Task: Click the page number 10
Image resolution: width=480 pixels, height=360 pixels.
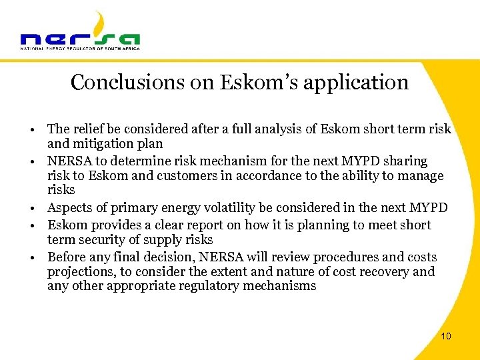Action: click(x=446, y=336)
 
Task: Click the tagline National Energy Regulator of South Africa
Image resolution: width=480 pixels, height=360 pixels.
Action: click(x=80, y=48)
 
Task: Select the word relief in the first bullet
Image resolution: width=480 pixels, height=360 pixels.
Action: click(x=87, y=129)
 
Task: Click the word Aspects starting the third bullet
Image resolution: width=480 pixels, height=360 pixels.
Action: click(x=69, y=208)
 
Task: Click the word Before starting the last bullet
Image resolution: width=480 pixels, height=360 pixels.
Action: click(x=67, y=257)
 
